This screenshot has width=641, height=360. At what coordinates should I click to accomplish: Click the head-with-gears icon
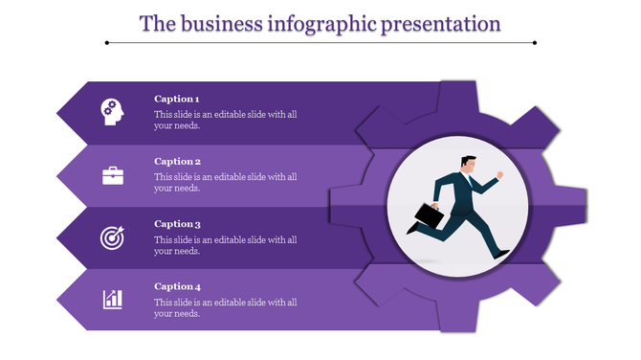coord(112,111)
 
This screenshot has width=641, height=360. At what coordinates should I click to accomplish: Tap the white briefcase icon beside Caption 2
coord(113,175)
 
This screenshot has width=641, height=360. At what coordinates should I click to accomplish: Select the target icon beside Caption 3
coord(112,236)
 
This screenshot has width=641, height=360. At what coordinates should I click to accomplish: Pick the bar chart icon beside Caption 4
coord(113,299)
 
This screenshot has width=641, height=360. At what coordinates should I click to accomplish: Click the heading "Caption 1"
coord(177,99)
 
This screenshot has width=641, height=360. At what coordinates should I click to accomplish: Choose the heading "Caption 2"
coord(177,162)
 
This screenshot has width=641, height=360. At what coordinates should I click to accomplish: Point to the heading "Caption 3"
coord(177,224)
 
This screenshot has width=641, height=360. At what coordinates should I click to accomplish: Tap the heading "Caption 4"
coord(177,286)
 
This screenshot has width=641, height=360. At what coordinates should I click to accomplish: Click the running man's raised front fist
coord(498,175)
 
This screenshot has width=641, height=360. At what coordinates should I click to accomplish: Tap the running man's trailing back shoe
coord(412,229)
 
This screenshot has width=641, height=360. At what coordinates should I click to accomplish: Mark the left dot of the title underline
coord(106,42)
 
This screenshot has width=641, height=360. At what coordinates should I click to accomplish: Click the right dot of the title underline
coord(534,42)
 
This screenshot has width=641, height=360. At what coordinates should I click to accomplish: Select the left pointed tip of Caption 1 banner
coord(59,113)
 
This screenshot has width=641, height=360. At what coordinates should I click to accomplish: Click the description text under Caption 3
coord(225,244)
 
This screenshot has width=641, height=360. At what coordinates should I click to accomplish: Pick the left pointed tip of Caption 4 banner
coord(59,300)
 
